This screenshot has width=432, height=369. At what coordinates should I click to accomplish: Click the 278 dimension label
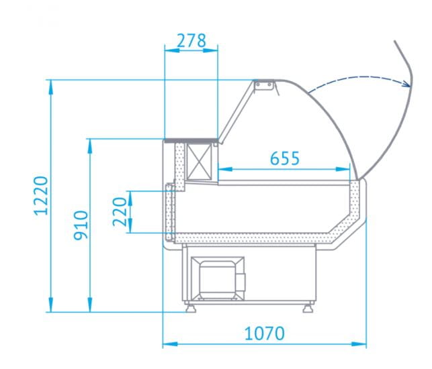[x=191, y=41]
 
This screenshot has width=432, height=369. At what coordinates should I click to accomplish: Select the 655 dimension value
[x=285, y=158]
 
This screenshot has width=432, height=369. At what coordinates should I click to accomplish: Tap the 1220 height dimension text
[x=41, y=195]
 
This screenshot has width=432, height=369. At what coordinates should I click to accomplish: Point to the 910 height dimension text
[x=81, y=225]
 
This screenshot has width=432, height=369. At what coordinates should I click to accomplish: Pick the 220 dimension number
[x=120, y=211]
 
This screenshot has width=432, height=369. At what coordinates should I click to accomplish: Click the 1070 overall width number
[x=265, y=333]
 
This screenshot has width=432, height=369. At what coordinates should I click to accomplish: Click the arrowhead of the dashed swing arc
[x=406, y=83]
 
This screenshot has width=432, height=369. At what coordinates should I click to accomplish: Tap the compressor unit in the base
[x=218, y=278]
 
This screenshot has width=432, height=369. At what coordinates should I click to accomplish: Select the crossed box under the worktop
[x=199, y=162]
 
